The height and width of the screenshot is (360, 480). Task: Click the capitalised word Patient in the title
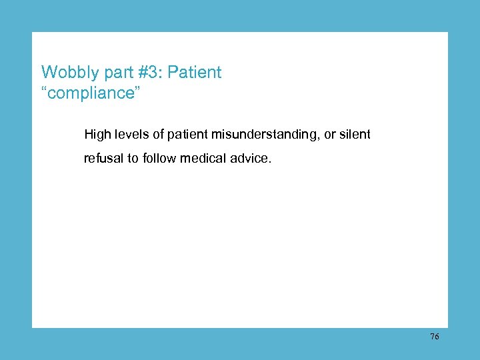point(195,72)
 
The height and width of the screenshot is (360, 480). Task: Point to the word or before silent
point(330,135)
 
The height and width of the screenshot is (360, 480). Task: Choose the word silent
point(355,135)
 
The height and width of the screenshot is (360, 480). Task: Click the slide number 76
point(434,337)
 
